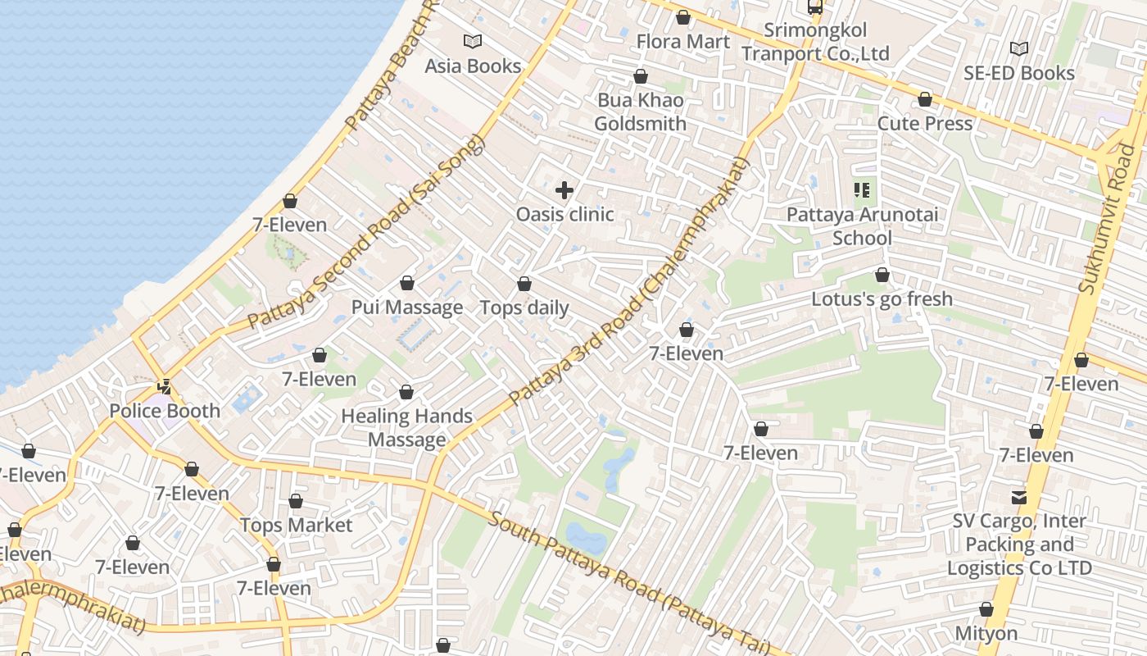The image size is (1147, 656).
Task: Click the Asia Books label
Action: point(473,66)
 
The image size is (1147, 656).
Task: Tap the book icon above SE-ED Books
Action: point(1018,49)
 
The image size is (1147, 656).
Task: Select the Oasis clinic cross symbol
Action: point(564,191)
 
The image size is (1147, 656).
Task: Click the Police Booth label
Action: point(165,411)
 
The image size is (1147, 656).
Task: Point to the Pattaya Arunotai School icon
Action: point(862,191)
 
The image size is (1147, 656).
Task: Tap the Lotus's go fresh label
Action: point(882,299)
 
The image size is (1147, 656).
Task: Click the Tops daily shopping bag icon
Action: point(524,285)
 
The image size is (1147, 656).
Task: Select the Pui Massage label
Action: point(407,307)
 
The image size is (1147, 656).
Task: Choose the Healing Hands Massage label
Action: point(406,427)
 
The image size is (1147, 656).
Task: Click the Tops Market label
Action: point(296,525)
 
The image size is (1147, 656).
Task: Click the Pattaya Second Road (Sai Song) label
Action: point(367,232)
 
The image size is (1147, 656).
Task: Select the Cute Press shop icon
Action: point(925,100)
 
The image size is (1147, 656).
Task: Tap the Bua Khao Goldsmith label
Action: point(640,112)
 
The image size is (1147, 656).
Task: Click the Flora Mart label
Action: point(682,41)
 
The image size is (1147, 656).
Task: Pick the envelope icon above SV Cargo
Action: point(1018,497)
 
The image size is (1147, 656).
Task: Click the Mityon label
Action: point(986,634)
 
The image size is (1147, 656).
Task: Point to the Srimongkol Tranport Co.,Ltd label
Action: point(814,42)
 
